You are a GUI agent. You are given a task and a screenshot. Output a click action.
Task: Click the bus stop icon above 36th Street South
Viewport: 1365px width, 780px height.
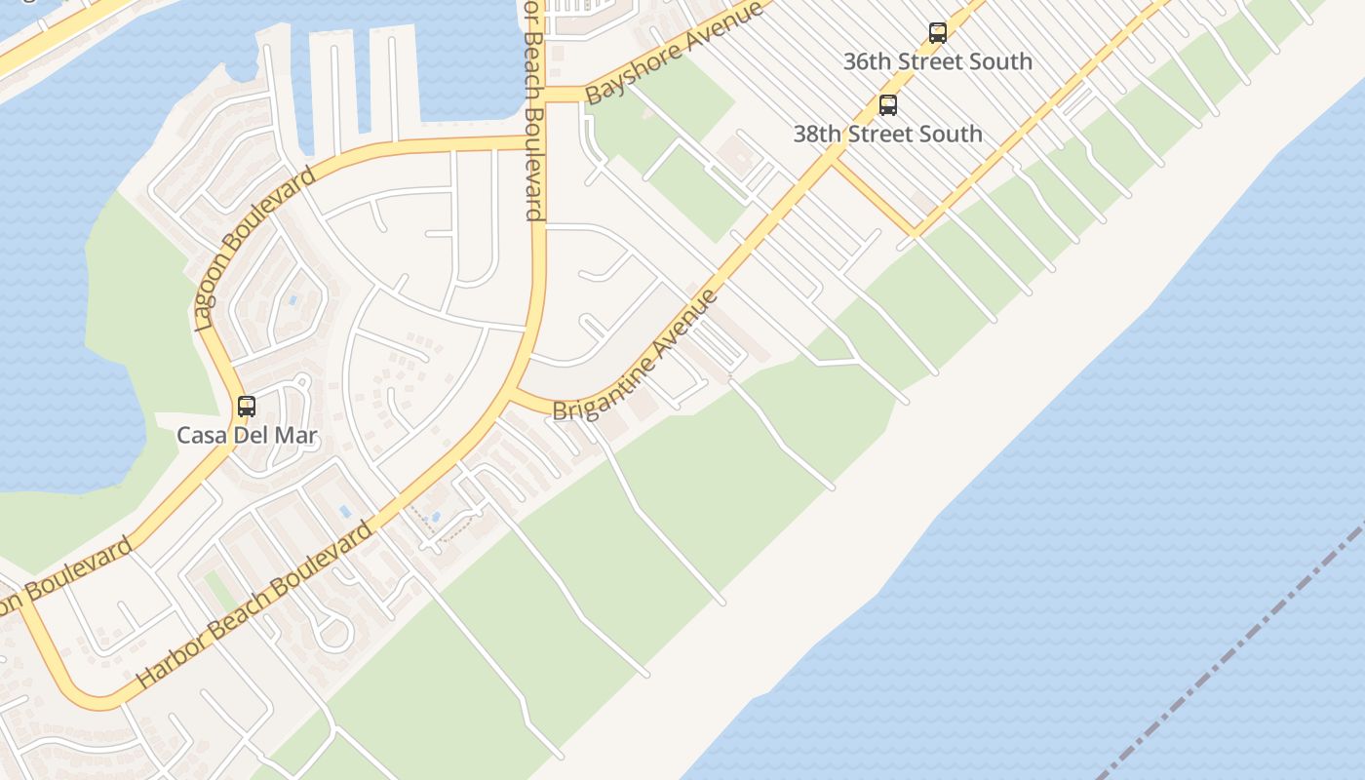point(938,33)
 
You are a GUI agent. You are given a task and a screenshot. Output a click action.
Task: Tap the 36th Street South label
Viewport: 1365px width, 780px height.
point(938,61)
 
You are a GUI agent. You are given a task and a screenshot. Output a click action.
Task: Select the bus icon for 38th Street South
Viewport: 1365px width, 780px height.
point(888,105)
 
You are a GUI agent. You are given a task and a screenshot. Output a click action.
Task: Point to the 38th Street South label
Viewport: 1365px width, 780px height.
point(887,134)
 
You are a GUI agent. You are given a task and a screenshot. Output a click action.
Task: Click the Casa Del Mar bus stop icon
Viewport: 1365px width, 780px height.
point(247,407)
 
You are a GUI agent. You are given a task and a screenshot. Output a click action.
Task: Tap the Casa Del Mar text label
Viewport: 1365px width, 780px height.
point(247,436)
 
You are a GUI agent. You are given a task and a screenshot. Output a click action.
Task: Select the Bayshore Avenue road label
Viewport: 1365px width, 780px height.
point(673,53)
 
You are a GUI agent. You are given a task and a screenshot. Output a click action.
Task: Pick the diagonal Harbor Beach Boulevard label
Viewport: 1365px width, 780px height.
point(255,605)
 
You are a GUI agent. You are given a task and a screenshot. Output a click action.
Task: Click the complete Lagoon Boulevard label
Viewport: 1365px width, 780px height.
point(255,248)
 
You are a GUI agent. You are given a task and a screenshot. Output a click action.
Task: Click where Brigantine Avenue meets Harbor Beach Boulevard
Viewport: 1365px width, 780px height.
point(514,395)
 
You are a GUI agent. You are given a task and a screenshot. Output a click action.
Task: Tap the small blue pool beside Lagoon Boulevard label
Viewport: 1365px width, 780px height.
point(292,300)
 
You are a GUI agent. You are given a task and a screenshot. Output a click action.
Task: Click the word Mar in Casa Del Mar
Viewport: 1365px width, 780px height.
point(296,436)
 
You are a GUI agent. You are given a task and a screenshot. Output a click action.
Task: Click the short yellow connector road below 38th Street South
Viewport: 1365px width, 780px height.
point(874,198)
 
